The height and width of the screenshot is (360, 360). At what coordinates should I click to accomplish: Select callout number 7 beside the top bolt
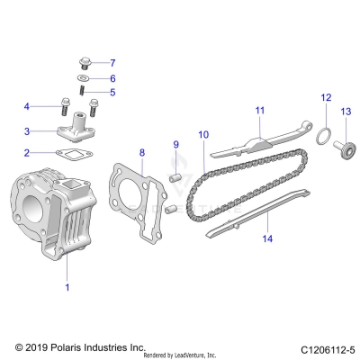coord(112,63)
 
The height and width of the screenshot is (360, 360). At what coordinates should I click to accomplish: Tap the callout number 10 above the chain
coord(203,135)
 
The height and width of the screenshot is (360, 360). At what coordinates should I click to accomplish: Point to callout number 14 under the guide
coord(266,238)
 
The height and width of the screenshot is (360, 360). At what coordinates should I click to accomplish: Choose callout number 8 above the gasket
coord(141,153)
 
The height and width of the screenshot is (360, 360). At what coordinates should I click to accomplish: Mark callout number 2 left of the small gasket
coord(27,153)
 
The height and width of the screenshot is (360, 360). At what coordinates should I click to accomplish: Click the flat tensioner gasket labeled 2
coord(69,155)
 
